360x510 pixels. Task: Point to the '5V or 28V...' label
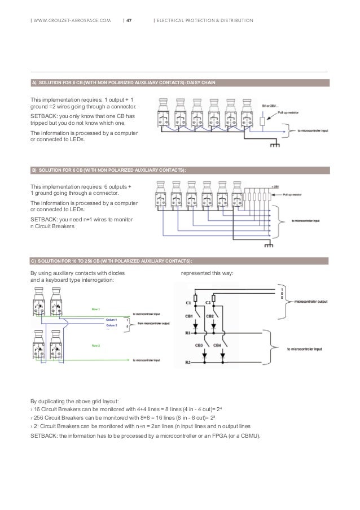pyautogui.click(x=270, y=105)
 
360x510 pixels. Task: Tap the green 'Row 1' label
pyautogui.click(x=96, y=309)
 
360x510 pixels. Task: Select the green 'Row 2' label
pyautogui.click(x=96, y=343)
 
